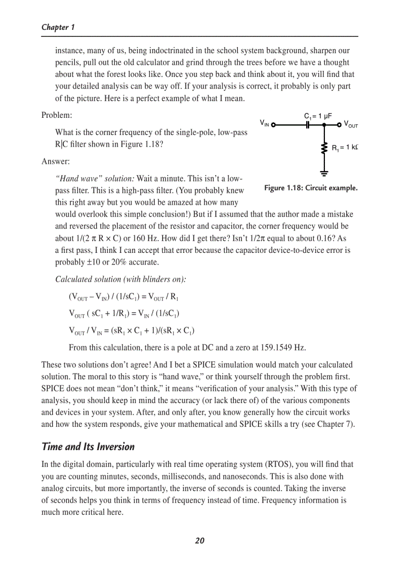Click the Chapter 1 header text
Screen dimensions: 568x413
[x=58, y=27]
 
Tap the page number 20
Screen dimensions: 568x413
[x=199, y=541]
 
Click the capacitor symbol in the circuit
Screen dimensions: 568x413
[x=307, y=125]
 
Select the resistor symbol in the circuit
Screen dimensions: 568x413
[x=324, y=148]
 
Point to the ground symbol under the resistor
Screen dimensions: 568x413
[x=324, y=173]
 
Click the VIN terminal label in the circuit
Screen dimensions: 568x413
[x=265, y=123]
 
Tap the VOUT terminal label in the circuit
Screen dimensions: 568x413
[x=351, y=124]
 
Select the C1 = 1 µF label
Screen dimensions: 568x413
[x=317, y=116]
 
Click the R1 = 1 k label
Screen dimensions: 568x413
[x=344, y=148]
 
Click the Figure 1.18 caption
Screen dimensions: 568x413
[x=310, y=188]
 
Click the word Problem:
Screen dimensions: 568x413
[x=56, y=115]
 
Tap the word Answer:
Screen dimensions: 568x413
[x=55, y=162]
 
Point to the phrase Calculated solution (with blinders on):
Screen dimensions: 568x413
[x=120, y=279]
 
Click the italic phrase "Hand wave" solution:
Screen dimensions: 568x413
[x=95, y=179]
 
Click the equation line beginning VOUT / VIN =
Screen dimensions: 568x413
[x=132, y=331]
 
